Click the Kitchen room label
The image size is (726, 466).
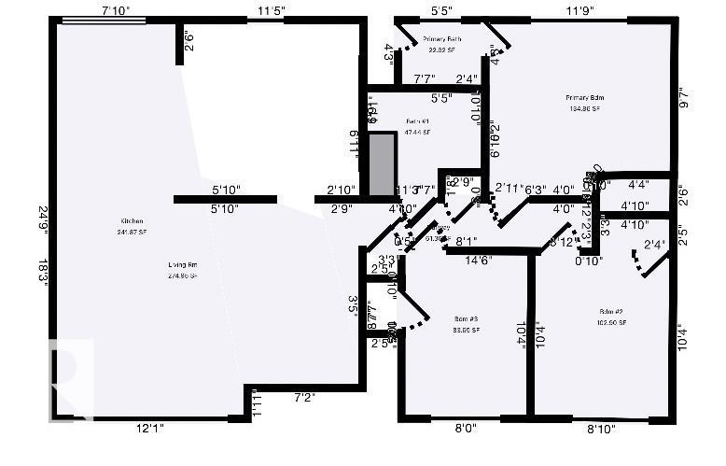pos(131,221)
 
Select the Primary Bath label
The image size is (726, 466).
pos(442,39)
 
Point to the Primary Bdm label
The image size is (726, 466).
pos(585,98)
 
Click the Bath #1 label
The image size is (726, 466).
pos(417,122)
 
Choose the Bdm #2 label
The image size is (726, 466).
pos(612,312)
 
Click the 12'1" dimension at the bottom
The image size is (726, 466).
pos(149,429)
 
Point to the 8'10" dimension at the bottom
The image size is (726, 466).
pos(601,430)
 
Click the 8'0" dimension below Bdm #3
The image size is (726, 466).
pos(465,430)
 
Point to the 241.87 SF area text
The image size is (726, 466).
pos(131,231)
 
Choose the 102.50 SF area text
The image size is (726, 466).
pos(612,322)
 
